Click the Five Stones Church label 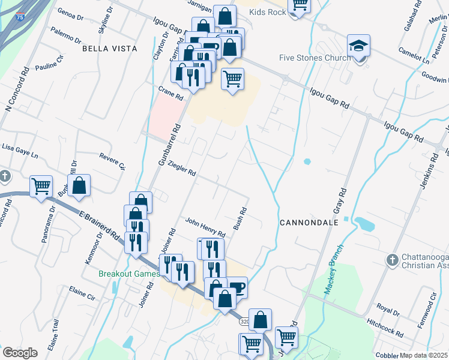coord(315,58)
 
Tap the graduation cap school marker coord(358,46)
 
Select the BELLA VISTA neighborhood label coord(110,48)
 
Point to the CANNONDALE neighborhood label coord(309,222)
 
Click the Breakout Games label coord(129,274)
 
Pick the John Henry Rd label coord(205,227)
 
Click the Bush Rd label coord(240,219)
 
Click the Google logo coord(20,353)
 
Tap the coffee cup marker coord(237,287)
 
